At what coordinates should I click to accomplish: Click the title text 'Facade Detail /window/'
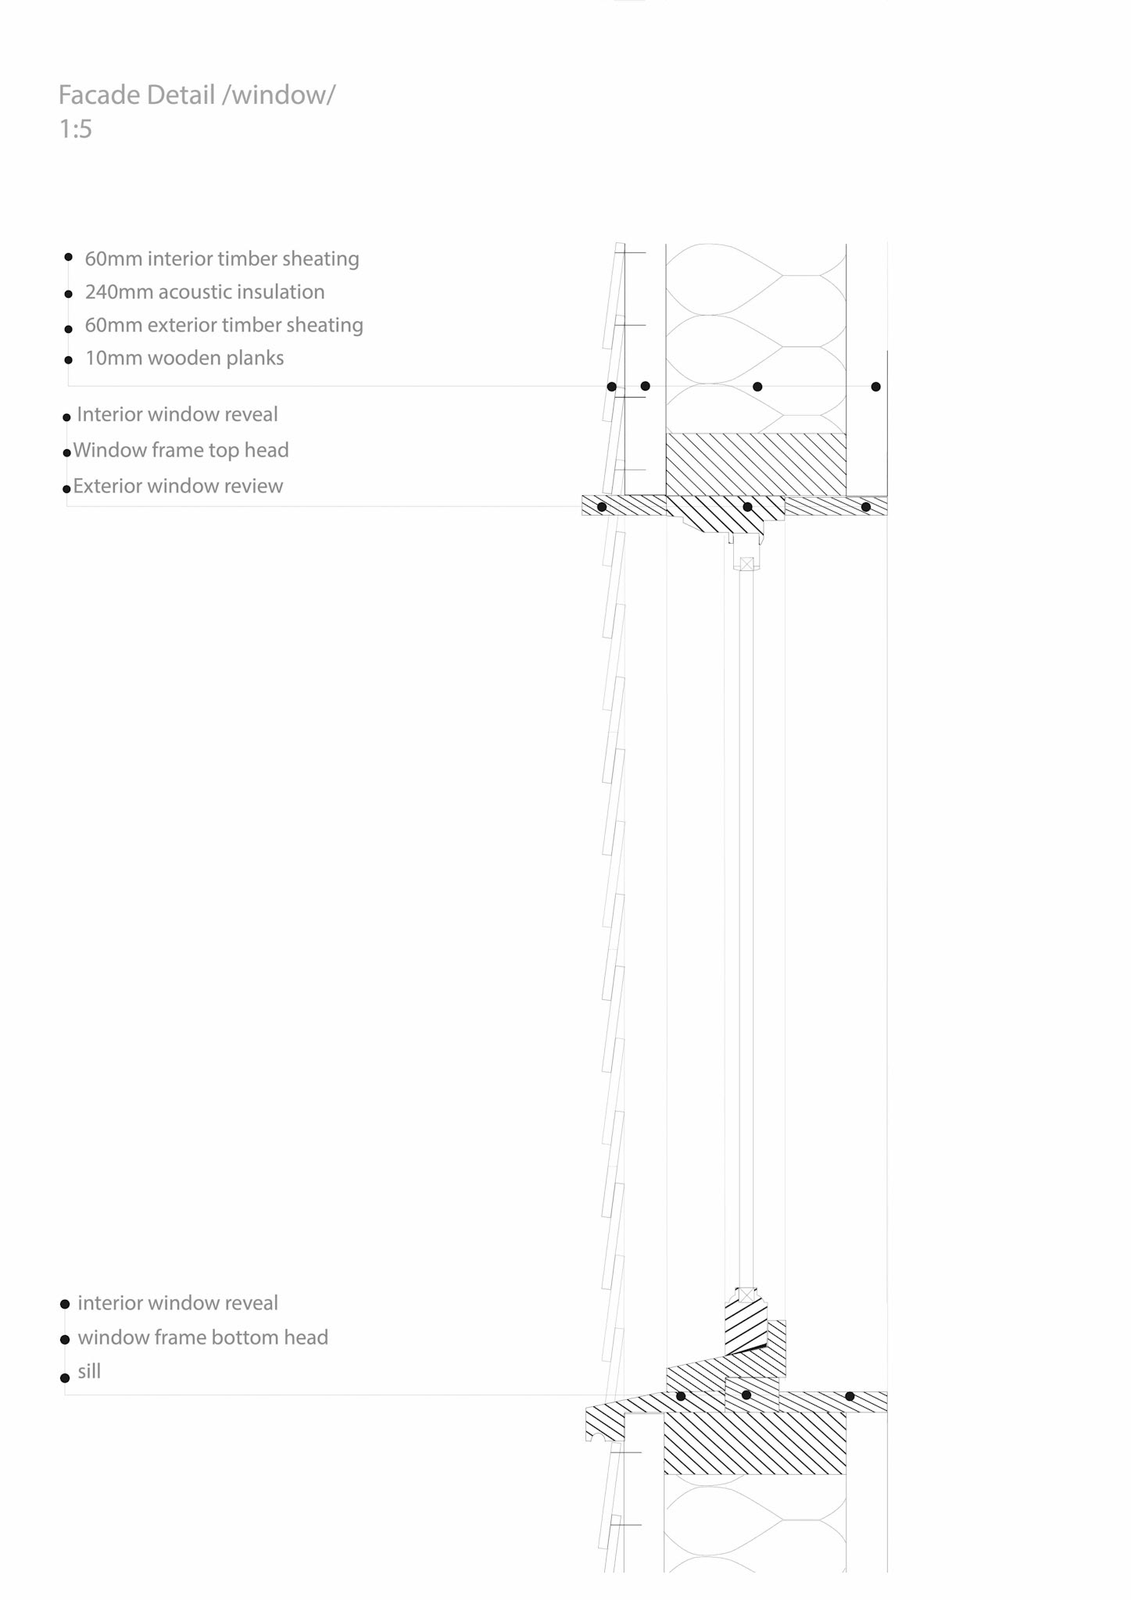pos(197,95)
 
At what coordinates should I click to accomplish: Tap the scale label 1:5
pos(75,129)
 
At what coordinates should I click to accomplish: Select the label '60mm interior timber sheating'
pos(222,259)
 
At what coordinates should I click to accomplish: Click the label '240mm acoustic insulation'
pos(205,292)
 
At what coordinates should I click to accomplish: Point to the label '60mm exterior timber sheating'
pos(224,325)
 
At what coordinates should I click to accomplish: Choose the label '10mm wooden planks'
pos(184,359)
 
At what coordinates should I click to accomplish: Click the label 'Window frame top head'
pos(181,450)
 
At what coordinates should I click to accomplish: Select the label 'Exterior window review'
pos(178,486)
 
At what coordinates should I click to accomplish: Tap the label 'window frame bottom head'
pos(202,1337)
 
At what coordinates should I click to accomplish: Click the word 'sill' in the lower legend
pos(89,1371)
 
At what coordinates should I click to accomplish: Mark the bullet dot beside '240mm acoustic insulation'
pos(69,295)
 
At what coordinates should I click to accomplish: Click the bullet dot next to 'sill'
pos(66,1377)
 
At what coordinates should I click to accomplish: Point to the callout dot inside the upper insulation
pos(757,387)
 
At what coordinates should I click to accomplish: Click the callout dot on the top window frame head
pos(747,507)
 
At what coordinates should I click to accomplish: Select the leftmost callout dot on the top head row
pos(602,507)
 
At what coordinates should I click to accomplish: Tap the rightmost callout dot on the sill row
pos(850,1396)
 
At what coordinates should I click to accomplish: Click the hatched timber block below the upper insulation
pos(755,464)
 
